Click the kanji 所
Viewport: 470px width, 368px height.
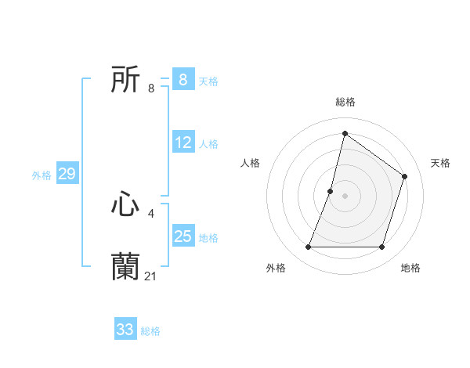tap(125, 80)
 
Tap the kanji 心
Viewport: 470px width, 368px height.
tap(125, 205)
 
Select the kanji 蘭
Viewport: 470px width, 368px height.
tap(125, 267)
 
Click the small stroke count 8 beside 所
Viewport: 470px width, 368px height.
tap(151, 88)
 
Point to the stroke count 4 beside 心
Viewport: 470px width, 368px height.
tap(151, 213)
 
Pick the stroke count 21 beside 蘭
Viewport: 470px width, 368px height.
tap(152, 276)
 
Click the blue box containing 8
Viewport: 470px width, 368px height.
tap(183, 80)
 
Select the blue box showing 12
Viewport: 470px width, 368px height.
tap(183, 143)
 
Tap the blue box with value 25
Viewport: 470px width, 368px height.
tap(183, 236)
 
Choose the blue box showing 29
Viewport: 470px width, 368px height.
tap(67, 174)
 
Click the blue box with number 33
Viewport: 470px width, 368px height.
tap(125, 330)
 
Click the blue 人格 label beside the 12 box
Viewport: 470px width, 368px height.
tap(208, 144)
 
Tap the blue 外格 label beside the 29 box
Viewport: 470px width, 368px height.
tap(42, 175)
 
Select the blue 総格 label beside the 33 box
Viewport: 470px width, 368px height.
tap(150, 331)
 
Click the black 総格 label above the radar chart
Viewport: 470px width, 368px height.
tap(345, 102)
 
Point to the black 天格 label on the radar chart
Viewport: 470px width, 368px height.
tap(440, 163)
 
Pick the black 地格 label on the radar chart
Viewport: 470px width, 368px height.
tap(410, 268)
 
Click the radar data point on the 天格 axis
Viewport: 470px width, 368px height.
tap(405, 176)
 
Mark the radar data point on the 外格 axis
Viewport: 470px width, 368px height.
tap(309, 247)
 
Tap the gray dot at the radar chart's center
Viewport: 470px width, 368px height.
tap(345, 196)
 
